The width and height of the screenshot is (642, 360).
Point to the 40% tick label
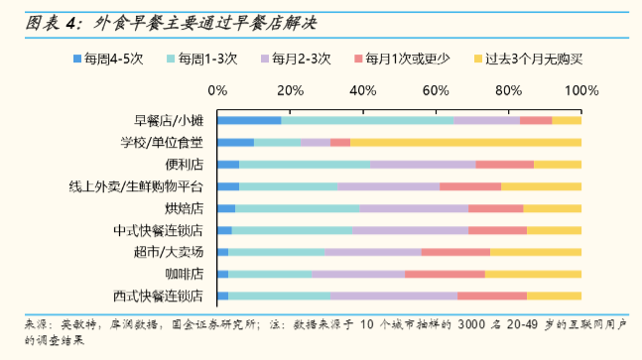click(x=363, y=91)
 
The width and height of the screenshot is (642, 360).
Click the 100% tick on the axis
click(x=580, y=91)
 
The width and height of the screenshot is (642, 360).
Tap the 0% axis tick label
click(x=218, y=91)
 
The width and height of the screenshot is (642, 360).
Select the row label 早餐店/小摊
click(x=169, y=121)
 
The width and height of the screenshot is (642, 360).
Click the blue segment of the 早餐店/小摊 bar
click(x=249, y=121)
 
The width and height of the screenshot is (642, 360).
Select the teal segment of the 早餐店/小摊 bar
click(x=367, y=121)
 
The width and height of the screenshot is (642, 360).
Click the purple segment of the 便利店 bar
click(x=423, y=165)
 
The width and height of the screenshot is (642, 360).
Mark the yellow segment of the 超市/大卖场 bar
click(x=536, y=252)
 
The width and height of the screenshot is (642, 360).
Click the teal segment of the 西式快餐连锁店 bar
click(x=279, y=296)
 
